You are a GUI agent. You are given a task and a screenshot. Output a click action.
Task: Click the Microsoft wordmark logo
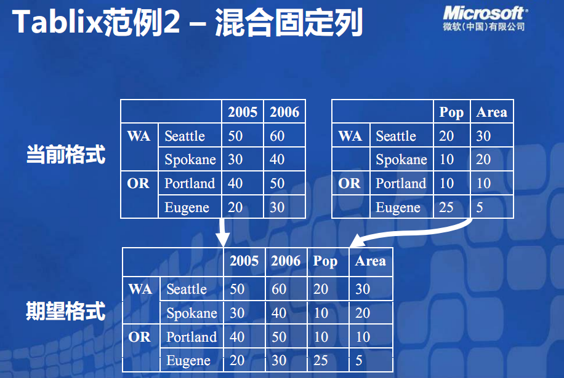(485, 13)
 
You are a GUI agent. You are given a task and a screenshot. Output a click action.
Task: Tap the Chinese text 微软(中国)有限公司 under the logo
(484, 26)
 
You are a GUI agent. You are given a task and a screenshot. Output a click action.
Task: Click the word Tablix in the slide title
(57, 22)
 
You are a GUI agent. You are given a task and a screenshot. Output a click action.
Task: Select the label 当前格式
(66, 155)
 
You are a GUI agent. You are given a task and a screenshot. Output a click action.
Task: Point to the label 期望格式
(66, 311)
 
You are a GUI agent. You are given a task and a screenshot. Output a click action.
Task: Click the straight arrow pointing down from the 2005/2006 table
(222, 232)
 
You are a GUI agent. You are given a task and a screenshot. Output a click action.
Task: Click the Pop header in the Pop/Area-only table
(451, 112)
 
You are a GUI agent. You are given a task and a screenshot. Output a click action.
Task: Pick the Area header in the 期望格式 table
(370, 261)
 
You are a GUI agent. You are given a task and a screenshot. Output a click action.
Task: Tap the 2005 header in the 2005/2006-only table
(243, 112)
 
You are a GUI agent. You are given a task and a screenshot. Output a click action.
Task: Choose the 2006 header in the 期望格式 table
(286, 261)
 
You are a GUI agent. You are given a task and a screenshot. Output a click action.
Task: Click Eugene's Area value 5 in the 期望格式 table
(359, 360)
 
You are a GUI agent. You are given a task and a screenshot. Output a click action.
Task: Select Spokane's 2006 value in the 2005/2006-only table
(277, 159)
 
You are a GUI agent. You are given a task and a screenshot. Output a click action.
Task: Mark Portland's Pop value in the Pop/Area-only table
(446, 183)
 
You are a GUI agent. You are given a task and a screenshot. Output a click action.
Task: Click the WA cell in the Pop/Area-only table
(350, 136)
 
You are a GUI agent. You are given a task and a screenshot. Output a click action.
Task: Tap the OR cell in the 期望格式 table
(139, 337)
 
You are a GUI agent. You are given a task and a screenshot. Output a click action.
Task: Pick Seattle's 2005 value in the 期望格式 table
(237, 289)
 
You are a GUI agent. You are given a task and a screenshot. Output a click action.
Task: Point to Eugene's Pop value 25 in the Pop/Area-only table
(446, 207)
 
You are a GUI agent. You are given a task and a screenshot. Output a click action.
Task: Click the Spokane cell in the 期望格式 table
(191, 313)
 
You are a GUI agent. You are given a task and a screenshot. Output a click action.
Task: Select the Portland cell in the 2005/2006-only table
(190, 183)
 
